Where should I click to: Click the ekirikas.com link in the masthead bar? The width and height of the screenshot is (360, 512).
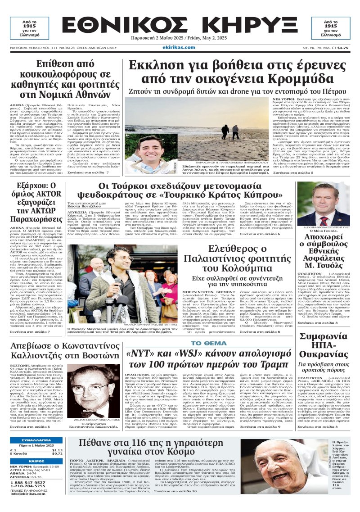coord(180,47)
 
